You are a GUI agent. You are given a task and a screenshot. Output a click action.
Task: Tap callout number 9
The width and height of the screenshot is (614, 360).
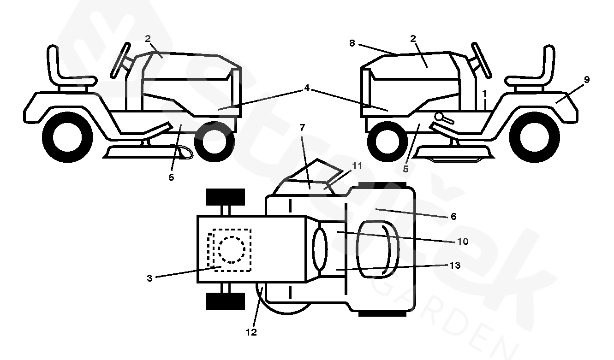pyautogui.click(x=586, y=80)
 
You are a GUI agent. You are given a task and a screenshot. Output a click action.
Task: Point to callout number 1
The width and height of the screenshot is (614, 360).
pyautogui.click(x=484, y=94)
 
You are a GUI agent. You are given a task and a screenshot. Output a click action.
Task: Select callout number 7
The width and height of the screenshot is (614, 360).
pyautogui.click(x=303, y=127)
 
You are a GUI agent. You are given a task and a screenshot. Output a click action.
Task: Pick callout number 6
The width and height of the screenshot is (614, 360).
pyautogui.click(x=454, y=217)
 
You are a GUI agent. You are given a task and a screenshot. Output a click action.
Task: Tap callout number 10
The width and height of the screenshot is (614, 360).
pyautogui.click(x=463, y=241)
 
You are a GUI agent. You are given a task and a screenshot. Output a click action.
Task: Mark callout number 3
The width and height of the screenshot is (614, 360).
pyautogui.click(x=149, y=278)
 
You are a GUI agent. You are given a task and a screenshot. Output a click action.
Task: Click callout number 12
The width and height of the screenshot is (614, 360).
pyautogui.click(x=251, y=331)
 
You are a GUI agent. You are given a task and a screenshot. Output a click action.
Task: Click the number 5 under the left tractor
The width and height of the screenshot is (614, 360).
pyautogui.click(x=171, y=177)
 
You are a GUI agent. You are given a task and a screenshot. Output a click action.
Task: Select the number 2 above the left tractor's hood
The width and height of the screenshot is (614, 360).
pyautogui.click(x=148, y=39)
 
